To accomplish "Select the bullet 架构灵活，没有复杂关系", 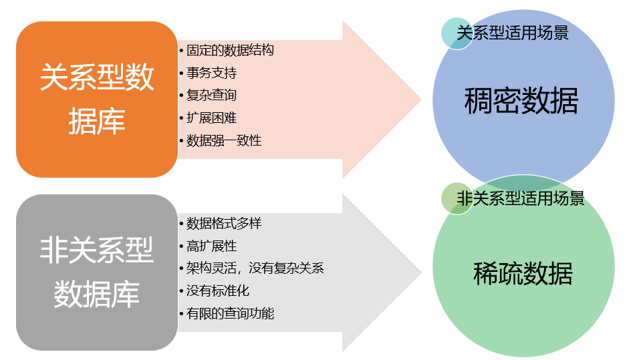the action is [x=255, y=268].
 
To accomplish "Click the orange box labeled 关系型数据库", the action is [x=97, y=100].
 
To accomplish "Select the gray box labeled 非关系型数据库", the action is [x=97, y=273].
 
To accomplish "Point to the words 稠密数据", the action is [x=521, y=102].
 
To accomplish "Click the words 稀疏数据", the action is [x=523, y=274].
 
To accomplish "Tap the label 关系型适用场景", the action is [x=513, y=32].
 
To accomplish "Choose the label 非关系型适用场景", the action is [x=521, y=198].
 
